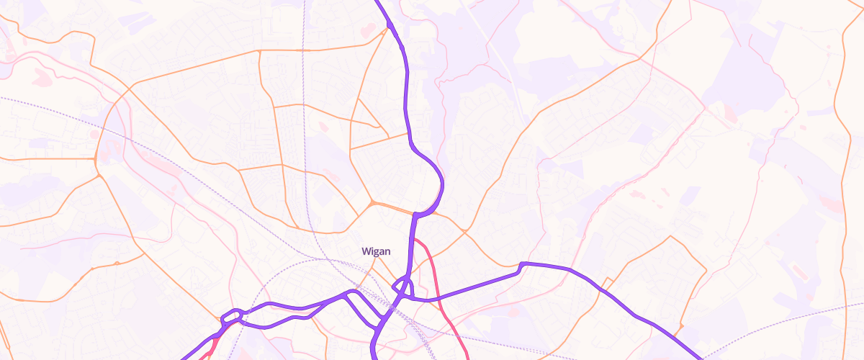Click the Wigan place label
click(376, 251)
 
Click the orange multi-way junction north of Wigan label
click(372, 204)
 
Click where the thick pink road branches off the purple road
click(415, 240)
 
